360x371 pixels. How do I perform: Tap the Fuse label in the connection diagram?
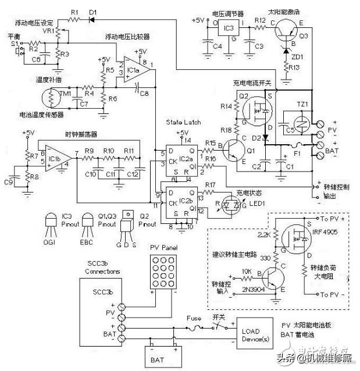click(194, 318)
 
